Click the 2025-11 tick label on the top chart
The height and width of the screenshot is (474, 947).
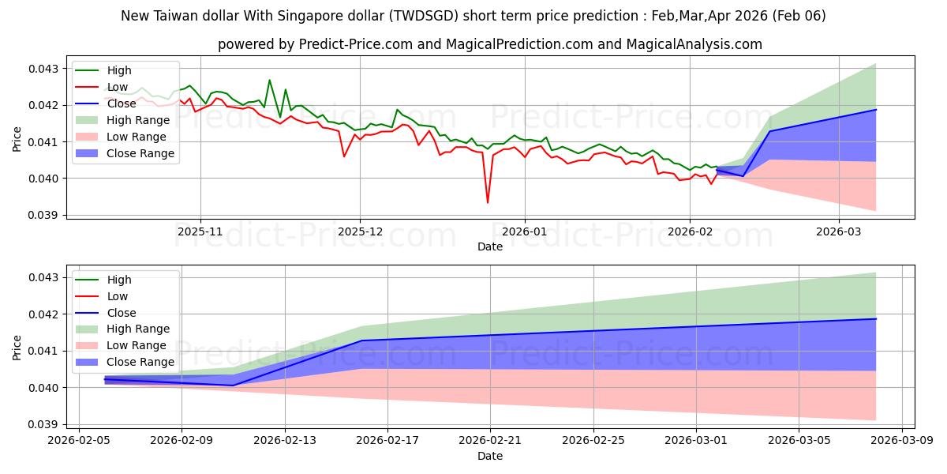(200, 231)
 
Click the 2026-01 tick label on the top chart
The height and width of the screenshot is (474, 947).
(525, 231)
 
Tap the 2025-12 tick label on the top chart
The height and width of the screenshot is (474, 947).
(360, 231)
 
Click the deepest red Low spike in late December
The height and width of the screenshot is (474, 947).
(487, 202)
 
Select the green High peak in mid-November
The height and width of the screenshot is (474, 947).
(269, 81)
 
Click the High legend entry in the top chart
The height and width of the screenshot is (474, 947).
(118, 70)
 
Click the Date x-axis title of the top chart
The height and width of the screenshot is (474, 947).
(489, 246)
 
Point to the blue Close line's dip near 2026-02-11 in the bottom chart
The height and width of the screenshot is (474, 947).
(233, 385)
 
